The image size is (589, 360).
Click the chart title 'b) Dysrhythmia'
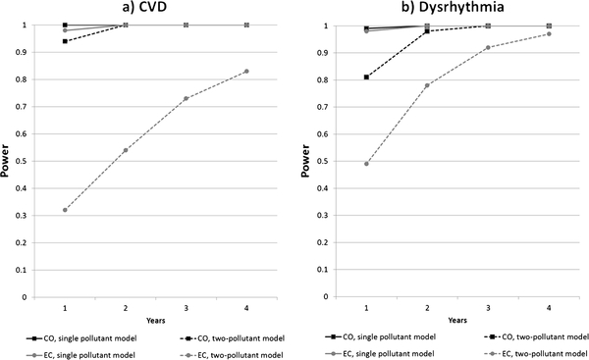tap(453, 7)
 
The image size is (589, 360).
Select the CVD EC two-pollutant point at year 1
tap(65, 210)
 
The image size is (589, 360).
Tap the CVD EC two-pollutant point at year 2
tap(126, 150)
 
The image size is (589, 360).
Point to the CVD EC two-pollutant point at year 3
tap(186, 98)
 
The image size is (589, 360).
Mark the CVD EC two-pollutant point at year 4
tap(246, 72)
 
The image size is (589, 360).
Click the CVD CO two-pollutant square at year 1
tap(65, 41)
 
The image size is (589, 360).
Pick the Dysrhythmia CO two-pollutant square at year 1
tap(366, 77)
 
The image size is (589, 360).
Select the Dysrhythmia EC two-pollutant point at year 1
tap(366, 164)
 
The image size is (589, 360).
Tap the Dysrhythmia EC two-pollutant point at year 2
tap(427, 85)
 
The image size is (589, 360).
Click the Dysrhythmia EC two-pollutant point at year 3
tap(488, 47)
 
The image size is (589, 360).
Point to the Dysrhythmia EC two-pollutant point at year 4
tap(549, 33)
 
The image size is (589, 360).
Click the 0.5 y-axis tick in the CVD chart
tap(24, 161)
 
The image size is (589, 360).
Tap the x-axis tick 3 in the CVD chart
tap(186, 308)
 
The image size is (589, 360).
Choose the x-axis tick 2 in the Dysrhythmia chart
tap(427, 308)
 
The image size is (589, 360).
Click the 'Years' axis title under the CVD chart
tap(155, 320)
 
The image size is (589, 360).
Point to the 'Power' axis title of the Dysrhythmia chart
tap(305, 161)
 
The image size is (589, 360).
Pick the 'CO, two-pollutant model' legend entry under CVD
tap(232, 338)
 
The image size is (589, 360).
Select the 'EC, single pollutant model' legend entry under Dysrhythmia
tap(380, 353)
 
